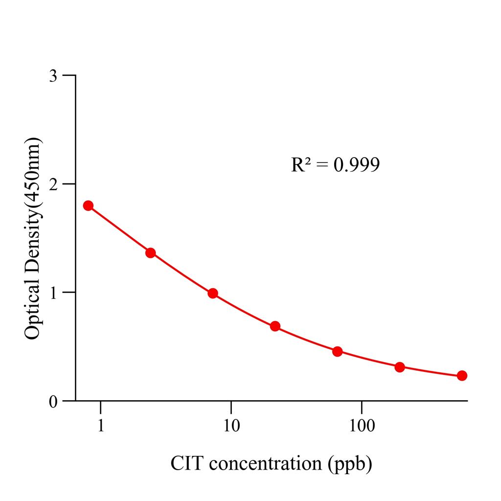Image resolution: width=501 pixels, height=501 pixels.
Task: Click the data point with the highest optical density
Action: pyautogui.click(x=88, y=205)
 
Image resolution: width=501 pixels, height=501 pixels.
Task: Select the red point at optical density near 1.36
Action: pyautogui.click(x=151, y=253)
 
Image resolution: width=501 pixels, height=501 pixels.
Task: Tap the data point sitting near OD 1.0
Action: pyautogui.click(x=213, y=294)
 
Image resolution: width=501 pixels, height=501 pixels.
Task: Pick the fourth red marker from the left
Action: pyautogui.click(x=275, y=326)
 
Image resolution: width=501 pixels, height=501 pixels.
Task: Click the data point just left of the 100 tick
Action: pyautogui.click(x=337, y=352)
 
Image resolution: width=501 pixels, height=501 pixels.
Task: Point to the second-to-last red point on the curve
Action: pyautogui.click(x=400, y=367)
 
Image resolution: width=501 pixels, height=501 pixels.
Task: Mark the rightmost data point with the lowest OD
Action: pyautogui.click(x=462, y=376)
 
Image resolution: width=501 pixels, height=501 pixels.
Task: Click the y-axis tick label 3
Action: pyautogui.click(x=54, y=76)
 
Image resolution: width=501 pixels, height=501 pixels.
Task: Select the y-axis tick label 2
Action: pyautogui.click(x=54, y=184)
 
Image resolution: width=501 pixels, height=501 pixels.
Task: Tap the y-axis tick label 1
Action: pyautogui.click(x=54, y=293)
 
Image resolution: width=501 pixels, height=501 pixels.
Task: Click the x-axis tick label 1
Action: pyautogui.click(x=101, y=426)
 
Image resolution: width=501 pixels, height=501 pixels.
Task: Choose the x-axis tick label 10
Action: pyautogui.click(x=231, y=426)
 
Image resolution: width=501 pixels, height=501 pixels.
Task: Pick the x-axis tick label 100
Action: pyautogui.click(x=362, y=426)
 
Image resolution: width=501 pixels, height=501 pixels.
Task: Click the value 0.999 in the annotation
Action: pyautogui.click(x=356, y=165)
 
